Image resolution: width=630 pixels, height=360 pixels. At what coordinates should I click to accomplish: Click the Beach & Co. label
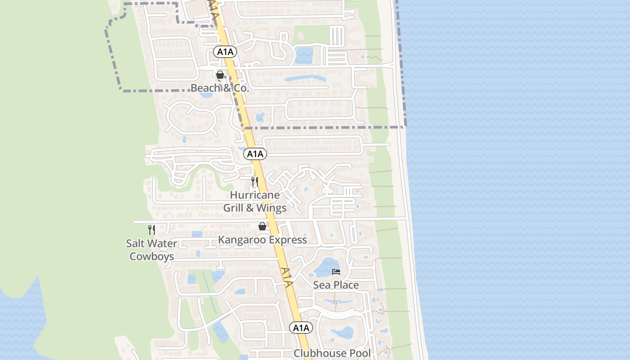tap(220, 88)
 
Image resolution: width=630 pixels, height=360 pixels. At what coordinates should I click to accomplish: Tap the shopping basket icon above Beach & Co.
tap(220, 75)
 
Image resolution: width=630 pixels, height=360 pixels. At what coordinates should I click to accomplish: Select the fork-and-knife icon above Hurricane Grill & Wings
tap(255, 182)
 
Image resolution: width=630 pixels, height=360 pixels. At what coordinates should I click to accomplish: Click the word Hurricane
tap(255, 195)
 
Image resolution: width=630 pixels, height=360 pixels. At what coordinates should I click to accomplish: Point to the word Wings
tap(271, 208)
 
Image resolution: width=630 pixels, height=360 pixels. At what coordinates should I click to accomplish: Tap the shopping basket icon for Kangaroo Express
tap(262, 226)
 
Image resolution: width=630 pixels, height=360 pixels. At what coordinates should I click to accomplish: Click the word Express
tap(286, 240)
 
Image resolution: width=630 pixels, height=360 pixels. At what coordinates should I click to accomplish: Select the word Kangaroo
tap(241, 240)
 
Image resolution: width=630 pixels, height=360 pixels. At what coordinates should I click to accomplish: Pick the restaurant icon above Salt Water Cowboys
tap(152, 230)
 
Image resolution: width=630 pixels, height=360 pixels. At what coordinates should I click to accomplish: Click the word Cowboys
tap(152, 256)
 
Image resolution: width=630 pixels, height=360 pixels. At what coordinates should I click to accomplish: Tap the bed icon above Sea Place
tap(336, 271)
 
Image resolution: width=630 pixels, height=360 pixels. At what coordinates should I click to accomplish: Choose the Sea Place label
tap(336, 285)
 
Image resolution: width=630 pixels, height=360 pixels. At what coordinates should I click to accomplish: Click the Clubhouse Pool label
tap(333, 353)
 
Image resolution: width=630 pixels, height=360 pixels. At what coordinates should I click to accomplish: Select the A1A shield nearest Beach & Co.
tap(225, 52)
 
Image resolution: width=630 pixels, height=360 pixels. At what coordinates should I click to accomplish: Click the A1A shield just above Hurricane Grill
tap(255, 154)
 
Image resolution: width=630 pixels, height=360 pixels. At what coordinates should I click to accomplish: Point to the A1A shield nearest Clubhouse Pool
tap(301, 328)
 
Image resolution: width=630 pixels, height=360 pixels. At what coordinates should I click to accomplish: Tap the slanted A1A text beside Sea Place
tap(287, 277)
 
